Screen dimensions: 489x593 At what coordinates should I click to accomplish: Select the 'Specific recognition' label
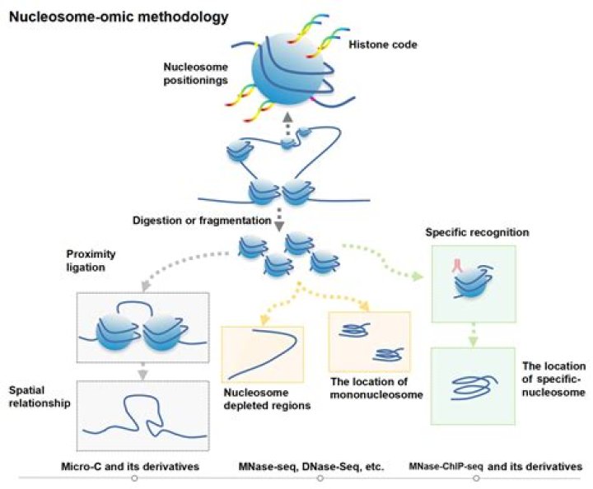(x=477, y=233)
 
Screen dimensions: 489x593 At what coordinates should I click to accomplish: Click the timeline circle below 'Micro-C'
(x=134, y=478)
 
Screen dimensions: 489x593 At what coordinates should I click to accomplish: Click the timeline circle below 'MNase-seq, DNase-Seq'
(x=320, y=478)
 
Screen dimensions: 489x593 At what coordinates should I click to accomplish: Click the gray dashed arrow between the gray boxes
(x=143, y=372)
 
